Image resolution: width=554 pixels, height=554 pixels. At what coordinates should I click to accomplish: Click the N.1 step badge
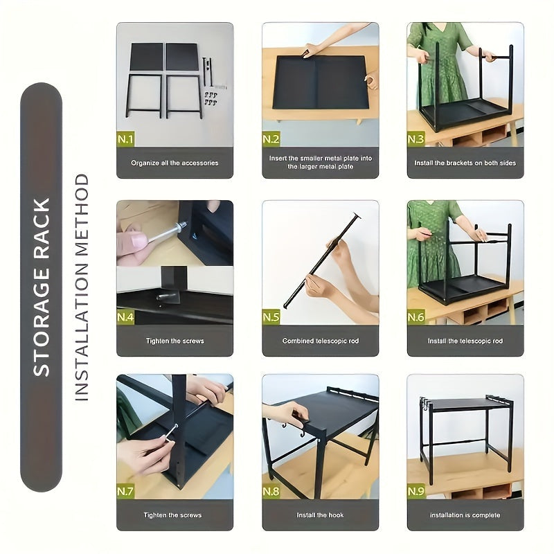click(126, 139)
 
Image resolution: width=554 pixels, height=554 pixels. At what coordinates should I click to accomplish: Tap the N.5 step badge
click(271, 317)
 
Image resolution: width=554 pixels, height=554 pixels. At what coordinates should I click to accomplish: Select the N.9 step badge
click(416, 492)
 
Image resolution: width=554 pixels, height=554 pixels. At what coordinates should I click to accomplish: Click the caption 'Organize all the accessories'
click(175, 163)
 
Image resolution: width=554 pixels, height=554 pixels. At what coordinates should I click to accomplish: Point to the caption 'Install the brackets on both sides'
click(465, 163)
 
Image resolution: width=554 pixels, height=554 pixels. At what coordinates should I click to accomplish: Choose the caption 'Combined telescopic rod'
click(320, 341)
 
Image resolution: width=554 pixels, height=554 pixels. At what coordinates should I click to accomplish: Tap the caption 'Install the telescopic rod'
click(465, 341)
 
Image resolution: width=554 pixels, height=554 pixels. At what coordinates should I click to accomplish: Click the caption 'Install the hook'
click(320, 515)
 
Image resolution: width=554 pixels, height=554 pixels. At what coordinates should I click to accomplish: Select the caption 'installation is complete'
click(465, 515)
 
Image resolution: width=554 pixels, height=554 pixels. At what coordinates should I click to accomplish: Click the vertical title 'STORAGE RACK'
click(42, 287)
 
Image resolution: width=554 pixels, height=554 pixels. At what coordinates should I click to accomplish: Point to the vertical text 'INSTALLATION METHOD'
click(82, 287)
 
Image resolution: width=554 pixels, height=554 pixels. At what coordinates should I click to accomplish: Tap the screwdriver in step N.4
click(163, 233)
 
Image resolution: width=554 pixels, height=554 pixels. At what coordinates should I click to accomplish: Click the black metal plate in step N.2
click(320, 82)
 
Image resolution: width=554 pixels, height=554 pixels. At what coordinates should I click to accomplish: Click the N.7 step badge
click(126, 492)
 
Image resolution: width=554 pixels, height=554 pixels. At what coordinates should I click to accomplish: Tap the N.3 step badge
click(416, 139)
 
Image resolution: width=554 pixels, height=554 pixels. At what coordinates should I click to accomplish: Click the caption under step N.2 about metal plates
click(320, 163)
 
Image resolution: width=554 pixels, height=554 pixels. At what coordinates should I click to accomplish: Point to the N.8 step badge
click(271, 492)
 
